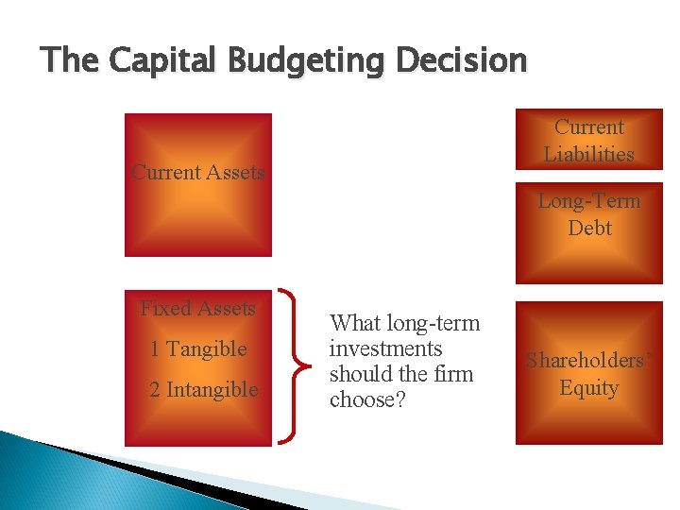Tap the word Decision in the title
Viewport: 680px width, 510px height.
pos(464,60)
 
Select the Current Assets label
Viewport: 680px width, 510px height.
pos(198,173)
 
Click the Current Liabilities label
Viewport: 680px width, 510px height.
pos(588,140)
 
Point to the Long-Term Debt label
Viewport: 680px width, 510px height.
pos(589,214)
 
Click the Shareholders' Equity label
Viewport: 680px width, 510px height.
pos(588,374)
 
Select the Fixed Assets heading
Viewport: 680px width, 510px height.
pos(198,309)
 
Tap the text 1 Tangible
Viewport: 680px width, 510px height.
pos(198,349)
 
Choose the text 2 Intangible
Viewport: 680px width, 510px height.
pos(204,390)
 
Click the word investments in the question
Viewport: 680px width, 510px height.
pos(385,348)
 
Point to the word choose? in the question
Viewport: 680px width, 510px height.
pos(367,399)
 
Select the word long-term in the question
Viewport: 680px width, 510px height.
pos(435,323)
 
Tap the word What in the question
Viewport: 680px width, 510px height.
pos(355,323)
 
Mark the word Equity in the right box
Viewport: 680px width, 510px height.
pos(588,388)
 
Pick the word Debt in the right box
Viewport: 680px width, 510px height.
pos(589,229)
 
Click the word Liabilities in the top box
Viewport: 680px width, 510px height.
pos(588,154)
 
